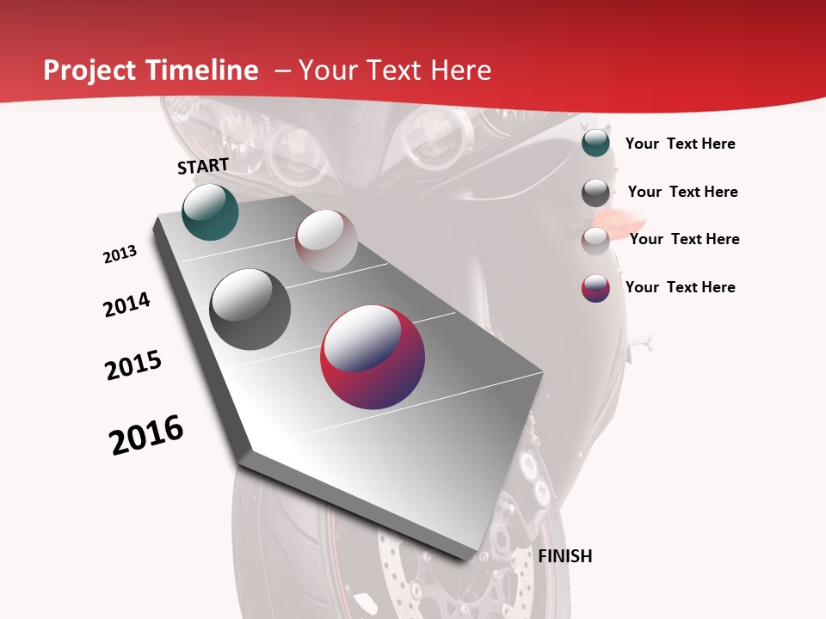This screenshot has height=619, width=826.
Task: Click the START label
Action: (x=203, y=166)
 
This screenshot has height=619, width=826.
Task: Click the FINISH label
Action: (x=564, y=556)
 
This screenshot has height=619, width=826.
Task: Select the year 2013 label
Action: (x=120, y=254)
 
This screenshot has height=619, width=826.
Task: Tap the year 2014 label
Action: (x=127, y=304)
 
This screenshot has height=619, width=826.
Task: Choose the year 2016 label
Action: (x=146, y=435)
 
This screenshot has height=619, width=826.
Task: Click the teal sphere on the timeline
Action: (x=210, y=212)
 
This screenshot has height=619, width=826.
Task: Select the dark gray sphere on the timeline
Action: (x=250, y=309)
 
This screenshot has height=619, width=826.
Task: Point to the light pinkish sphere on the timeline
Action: (x=326, y=241)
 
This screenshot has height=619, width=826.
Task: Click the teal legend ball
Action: (x=595, y=144)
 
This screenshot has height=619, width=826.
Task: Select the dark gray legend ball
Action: (x=595, y=193)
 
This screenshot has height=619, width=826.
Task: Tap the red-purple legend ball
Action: (x=595, y=288)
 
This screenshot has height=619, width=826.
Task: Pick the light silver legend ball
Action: (x=595, y=241)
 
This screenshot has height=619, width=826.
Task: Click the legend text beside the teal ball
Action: (x=680, y=144)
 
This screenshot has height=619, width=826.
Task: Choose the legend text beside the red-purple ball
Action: (x=680, y=287)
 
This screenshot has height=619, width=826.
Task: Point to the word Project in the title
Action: (x=91, y=70)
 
